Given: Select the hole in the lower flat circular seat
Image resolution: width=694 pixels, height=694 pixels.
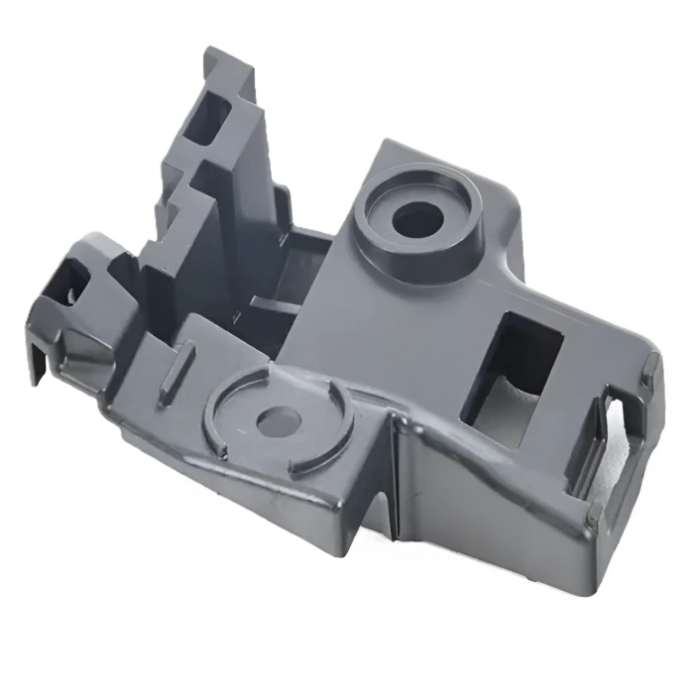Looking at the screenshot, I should coord(277,420).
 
